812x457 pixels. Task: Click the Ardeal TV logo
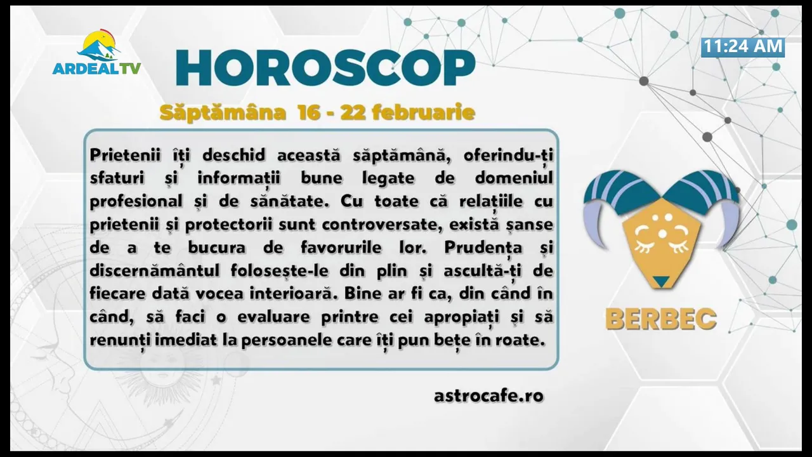tap(96, 52)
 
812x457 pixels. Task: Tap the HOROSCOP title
tap(325, 68)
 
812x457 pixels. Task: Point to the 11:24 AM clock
tap(743, 47)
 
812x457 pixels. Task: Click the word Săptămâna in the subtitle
tap(223, 112)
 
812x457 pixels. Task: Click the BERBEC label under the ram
tap(661, 319)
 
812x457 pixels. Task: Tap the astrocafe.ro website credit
tap(488, 395)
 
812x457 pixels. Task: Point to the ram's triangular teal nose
tap(662, 281)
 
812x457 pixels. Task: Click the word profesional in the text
tap(136, 202)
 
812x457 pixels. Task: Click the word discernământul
tap(154, 270)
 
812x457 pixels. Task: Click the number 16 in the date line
tap(309, 112)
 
